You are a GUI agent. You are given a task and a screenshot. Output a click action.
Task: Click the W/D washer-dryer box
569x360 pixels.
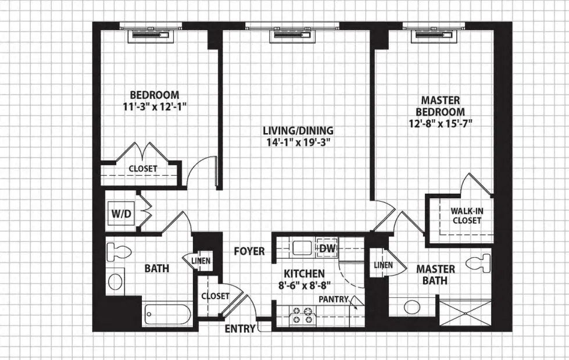(121, 213)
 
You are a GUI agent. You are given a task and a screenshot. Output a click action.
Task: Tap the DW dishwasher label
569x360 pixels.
(327, 248)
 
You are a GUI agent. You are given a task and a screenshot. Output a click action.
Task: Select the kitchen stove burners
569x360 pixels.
(303, 315)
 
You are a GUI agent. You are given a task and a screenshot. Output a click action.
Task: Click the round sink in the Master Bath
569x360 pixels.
(412, 307)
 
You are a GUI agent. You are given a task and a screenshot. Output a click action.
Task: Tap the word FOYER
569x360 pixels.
(249, 251)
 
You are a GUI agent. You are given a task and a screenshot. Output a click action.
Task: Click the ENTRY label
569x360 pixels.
(240, 329)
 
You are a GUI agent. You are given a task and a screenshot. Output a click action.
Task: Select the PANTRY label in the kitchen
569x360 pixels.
(334, 300)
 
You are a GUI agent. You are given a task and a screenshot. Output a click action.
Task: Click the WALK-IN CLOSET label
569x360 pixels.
(467, 216)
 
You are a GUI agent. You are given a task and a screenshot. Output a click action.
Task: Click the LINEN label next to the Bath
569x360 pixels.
(201, 261)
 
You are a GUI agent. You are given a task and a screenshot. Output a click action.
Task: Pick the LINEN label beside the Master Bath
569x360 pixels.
(383, 265)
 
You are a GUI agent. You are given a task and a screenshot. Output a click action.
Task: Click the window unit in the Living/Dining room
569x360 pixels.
(292, 35)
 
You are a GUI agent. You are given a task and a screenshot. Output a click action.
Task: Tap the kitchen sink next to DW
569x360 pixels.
(303, 248)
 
